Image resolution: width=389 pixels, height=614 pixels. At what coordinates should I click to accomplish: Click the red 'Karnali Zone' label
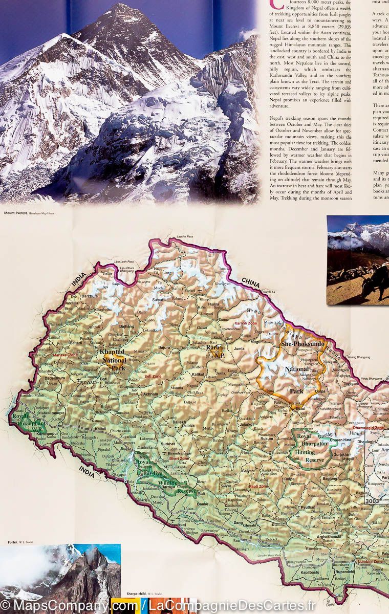pos(245,324)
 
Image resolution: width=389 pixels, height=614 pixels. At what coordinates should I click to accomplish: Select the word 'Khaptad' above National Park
pos(112,353)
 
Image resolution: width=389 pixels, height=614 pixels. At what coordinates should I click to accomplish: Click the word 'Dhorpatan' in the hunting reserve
pos(313,444)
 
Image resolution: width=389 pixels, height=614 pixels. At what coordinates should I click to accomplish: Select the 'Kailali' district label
pos(100,428)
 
